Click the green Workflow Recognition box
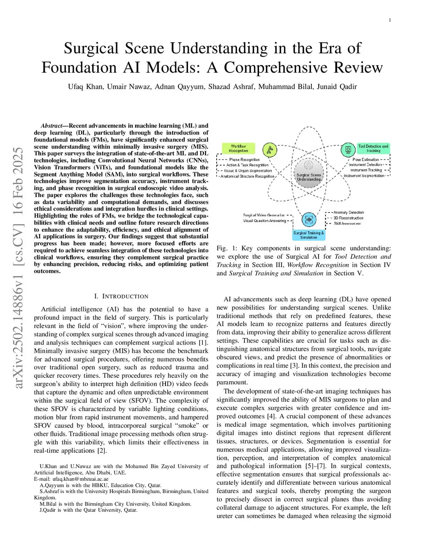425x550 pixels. (x=238, y=149)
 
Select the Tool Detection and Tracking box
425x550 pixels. (x=373, y=149)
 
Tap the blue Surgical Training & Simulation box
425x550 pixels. (x=308, y=235)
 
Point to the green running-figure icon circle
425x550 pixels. (x=269, y=150)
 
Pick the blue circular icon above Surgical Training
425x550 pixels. (x=308, y=219)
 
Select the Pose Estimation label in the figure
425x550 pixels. (x=365, y=159)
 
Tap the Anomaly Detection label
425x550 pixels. (x=348, y=213)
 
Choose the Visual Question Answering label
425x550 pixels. (x=264, y=221)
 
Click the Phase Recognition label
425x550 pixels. (x=244, y=159)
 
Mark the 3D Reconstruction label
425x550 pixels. (x=348, y=218)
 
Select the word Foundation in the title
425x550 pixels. (x=79, y=68)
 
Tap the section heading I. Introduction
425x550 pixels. (x=121, y=296)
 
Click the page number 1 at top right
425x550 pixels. (x=390, y=20)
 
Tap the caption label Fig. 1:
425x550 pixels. (x=227, y=248)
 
